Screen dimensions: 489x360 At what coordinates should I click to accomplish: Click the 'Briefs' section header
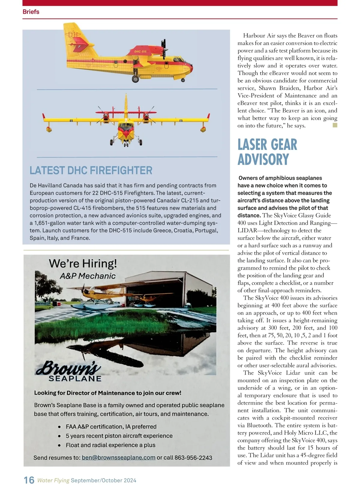pyautogui.click(x=31, y=12)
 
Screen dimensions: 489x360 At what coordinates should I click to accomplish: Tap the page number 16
pyautogui.click(x=29, y=480)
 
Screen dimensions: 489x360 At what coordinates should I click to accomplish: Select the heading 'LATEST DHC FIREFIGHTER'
pyautogui.click(x=91, y=171)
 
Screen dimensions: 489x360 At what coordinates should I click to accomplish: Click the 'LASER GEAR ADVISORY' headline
pyautogui.click(x=267, y=152)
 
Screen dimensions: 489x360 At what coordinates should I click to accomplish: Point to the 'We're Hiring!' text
pyautogui.click(x=83, y=264)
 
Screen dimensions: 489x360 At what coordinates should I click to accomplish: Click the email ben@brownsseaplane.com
pyautogui.click(x=118, y=458)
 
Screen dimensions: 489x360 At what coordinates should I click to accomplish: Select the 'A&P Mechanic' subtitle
pyautogui.click(x=88, y=276)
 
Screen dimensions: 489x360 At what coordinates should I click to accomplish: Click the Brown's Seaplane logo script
pyautogui.click(x=68, y=368)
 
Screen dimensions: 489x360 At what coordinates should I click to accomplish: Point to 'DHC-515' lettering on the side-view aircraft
pyautogui.click(x=140, y=52)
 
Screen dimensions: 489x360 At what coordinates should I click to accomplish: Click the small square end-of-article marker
pyautogui.click(x=335, y=125)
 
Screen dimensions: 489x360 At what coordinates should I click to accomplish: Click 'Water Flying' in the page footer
pyautogui.click(x=53, y=480)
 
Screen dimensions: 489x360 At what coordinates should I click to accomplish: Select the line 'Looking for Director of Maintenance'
pyautogui.click(x=107, y=393)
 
